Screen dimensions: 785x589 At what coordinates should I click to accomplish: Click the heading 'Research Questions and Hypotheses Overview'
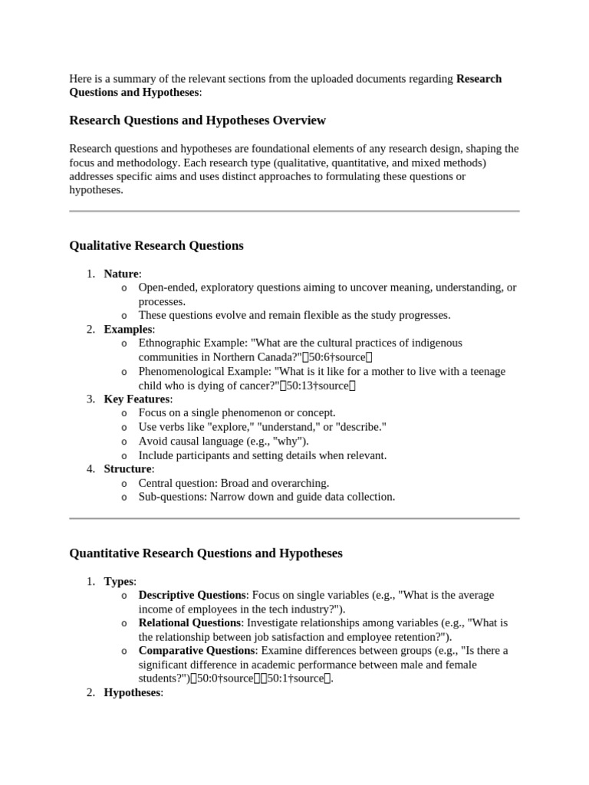(x=197, y=120)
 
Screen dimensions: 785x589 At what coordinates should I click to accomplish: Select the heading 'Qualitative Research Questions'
(x=156, y=245)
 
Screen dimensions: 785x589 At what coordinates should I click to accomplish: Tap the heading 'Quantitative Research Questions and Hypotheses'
(x=206, y=553)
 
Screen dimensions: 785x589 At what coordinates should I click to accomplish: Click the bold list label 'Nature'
(x=121, y=274)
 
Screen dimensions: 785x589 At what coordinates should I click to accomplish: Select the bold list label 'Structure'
(x=128, y=468)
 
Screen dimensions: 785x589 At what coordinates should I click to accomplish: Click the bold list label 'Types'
(x=119, y=581)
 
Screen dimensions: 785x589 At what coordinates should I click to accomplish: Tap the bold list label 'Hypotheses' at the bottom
(x=132, y=692)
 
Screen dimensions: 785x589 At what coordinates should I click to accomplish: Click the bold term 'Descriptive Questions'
(x=192, y=595)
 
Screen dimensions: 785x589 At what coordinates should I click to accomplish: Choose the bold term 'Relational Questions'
(x=189, y=622)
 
